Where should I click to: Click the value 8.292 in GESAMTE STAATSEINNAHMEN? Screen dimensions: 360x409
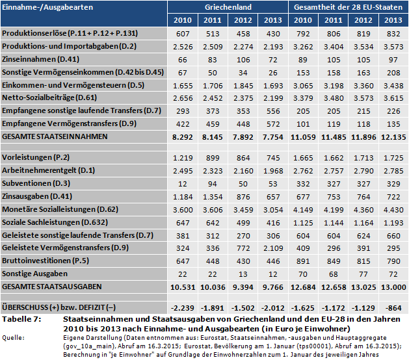tap(182, 137)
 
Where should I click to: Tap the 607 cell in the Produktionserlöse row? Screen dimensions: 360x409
tap(182, 32)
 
